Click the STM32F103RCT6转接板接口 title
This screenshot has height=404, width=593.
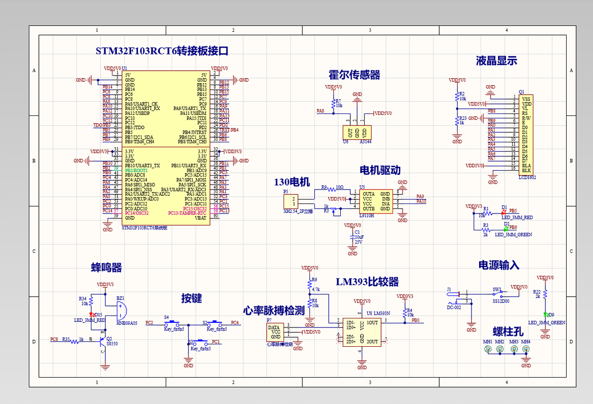click(162, 51)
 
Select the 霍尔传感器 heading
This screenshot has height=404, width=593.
click(354, 75)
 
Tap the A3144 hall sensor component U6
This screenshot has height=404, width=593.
click(357, 132)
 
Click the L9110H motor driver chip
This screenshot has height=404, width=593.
click(377, 202)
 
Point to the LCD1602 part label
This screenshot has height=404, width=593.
click(527, 177)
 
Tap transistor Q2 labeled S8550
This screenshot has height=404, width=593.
click(105, 341)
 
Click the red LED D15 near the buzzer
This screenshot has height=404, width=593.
click(92, 314)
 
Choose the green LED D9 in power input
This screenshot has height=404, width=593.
click(545, 315)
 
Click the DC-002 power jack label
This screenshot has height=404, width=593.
click(454, 307)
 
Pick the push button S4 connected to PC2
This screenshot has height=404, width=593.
click(174, 322)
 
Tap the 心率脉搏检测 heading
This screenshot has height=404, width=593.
click(274, 311)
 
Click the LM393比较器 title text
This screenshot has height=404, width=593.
click(367, 282)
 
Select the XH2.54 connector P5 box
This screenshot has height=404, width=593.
click(290, 202)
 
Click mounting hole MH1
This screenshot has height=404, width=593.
click(488, 349)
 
